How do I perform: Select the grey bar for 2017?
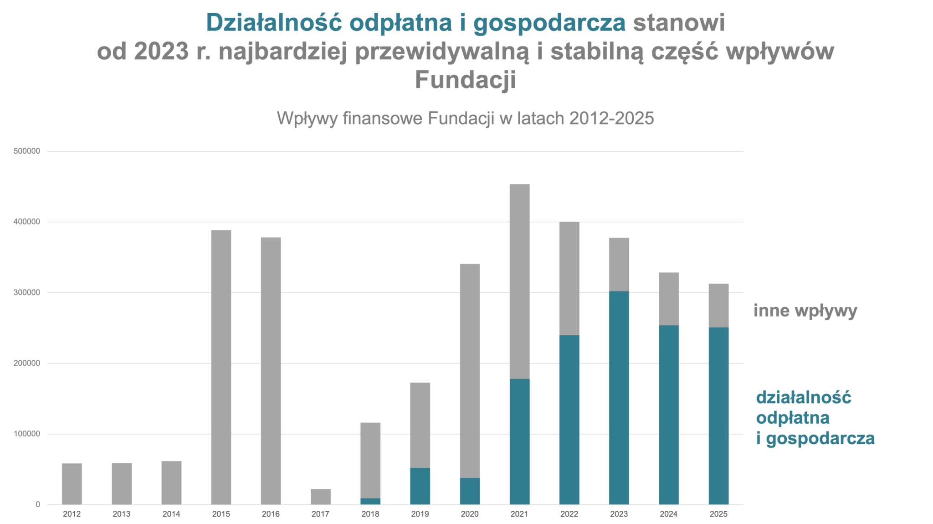321,497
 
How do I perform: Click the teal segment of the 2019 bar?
420,486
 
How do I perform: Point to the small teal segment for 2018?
370,501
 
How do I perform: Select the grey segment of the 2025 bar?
718,306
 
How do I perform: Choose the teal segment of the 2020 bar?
470,491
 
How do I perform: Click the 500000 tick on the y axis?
27,151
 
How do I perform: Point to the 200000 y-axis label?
27,363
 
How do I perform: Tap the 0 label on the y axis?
38,504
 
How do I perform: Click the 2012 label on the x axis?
72,514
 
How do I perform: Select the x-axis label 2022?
569,514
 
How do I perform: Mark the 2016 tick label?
271,514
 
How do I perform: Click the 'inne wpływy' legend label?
805,311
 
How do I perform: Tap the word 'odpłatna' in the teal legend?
793,418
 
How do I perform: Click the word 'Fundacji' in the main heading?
465,79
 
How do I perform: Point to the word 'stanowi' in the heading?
679,22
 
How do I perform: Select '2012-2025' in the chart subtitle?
611,119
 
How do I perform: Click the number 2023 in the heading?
161,51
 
